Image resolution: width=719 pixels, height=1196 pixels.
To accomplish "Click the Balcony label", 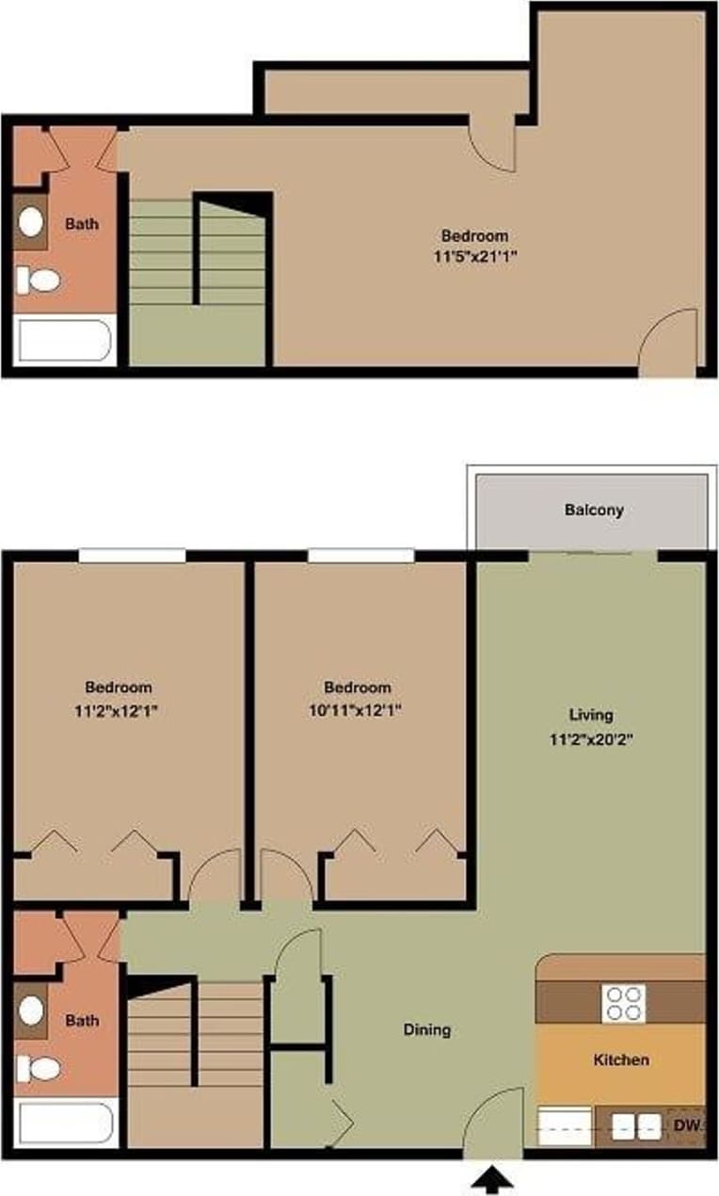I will (594, 510).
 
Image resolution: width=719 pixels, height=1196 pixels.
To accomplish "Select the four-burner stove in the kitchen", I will (624, 1003).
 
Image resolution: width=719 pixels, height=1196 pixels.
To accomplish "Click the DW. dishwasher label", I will (688, 1124).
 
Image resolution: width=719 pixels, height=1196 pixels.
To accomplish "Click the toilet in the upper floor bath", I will (38, 280).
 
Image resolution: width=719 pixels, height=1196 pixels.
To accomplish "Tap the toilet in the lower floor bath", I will (38, 1069).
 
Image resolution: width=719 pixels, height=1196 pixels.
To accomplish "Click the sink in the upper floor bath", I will (31, 222).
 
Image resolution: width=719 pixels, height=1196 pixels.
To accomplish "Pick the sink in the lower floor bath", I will (31, 1011).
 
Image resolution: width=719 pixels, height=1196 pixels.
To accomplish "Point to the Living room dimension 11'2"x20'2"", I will (591, 739).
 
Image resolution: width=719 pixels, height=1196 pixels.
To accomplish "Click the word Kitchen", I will (621, 1060).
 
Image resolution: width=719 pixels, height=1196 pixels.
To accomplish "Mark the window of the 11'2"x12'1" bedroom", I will (131, 557).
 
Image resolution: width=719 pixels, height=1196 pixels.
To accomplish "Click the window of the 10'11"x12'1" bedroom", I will (360, 557).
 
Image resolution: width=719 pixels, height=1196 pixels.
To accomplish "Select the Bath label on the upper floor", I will (82, 224).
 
